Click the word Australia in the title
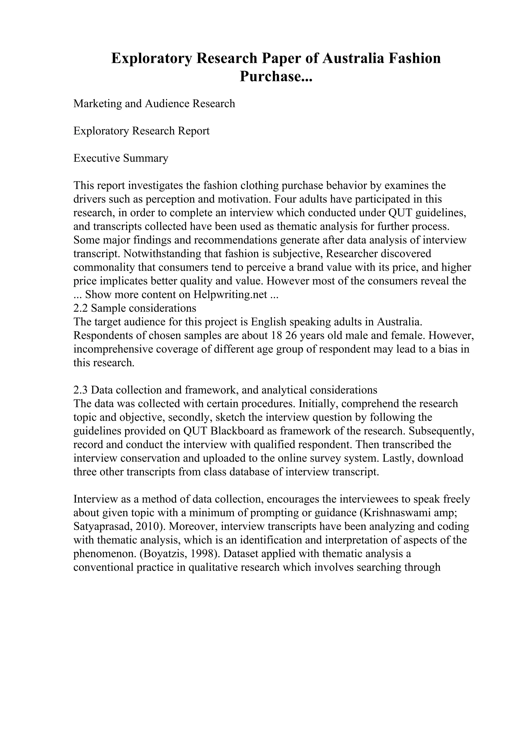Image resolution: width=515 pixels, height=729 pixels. [x=358, y=59]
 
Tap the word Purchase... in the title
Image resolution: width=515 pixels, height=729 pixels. [x=276, y=76]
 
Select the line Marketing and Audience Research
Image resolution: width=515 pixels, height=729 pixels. [x=154, y=103]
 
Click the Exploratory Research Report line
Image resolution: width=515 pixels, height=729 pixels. [x=142, y=131]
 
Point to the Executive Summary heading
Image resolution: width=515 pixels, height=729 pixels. [x=121, y=158]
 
